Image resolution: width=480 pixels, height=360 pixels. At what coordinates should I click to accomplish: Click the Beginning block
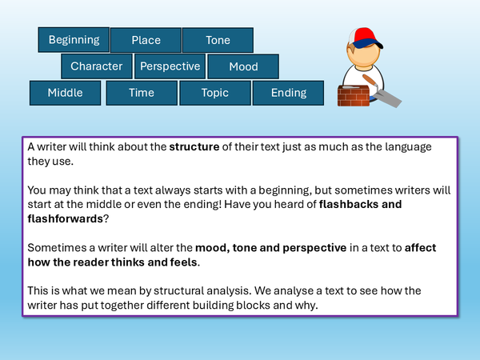point(74,39)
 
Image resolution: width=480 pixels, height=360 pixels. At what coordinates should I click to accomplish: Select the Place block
point(146,40)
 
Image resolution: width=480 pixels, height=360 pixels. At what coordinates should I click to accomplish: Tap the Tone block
point(218,40)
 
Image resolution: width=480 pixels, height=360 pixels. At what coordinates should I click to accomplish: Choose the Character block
point(97,66)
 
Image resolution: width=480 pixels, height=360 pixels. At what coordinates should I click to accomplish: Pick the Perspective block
point(169,66)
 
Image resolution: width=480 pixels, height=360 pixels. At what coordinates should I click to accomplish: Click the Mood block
point(243,66)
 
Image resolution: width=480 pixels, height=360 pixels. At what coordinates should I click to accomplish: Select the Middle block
point(66,93)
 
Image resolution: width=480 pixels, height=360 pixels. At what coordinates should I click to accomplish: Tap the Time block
point(142,93)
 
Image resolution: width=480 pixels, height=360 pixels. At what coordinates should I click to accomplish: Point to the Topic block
point(215,93)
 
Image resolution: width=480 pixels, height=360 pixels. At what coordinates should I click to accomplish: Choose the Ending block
point(289,93)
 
